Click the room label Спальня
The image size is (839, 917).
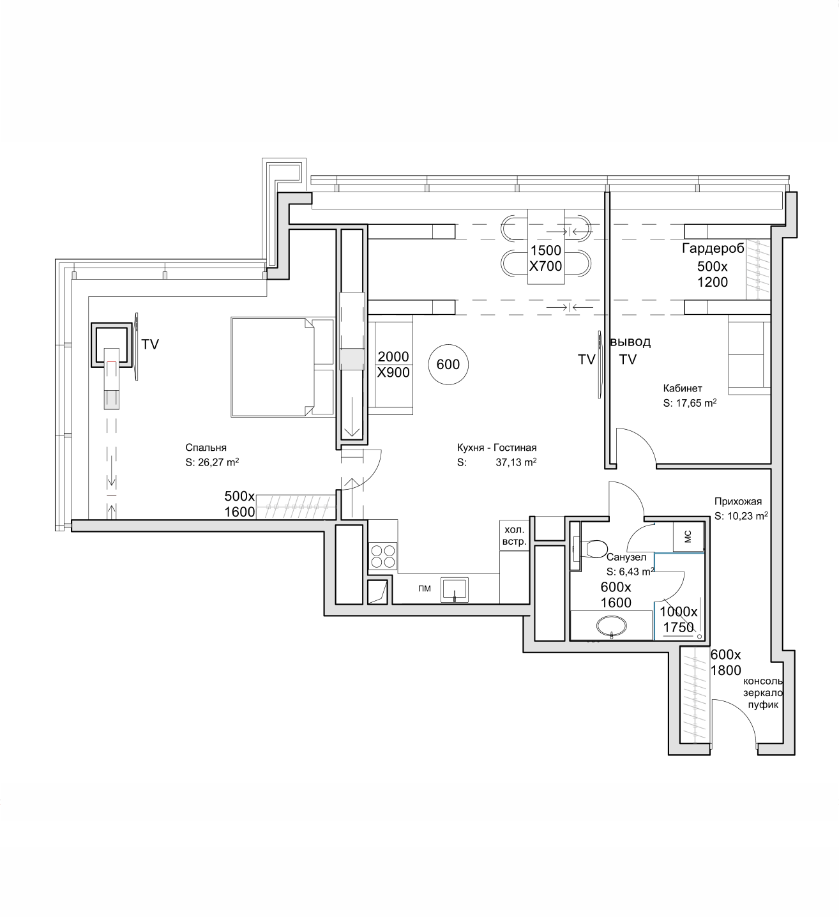206,448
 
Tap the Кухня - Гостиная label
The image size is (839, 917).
497,448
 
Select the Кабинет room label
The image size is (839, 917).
683,388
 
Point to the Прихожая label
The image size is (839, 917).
738,501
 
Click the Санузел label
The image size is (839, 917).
626,557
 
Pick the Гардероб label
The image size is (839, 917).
713,248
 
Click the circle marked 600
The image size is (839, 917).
448,365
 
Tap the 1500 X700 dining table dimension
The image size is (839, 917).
545,258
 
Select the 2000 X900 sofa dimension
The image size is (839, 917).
393,365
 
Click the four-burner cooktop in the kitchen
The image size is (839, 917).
383,556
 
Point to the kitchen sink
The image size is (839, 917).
455,589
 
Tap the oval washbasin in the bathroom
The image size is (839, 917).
611,625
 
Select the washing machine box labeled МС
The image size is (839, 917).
688,536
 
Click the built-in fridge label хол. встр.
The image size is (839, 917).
515,536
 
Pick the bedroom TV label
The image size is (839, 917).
149,345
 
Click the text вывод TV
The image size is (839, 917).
630,351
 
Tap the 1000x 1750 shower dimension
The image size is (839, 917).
679,619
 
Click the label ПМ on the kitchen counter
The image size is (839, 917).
425,589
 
